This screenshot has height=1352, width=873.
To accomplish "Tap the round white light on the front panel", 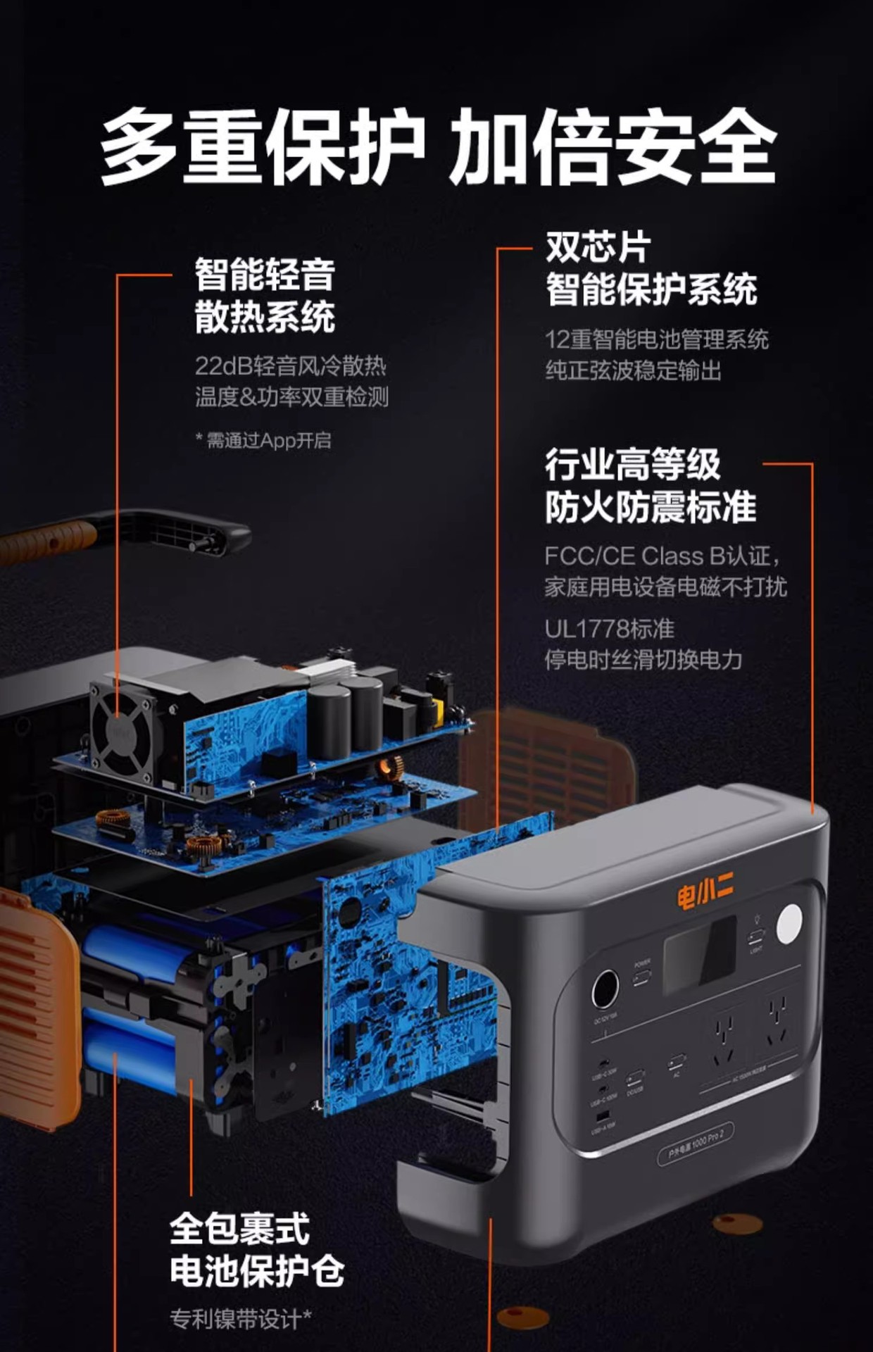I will pyautogui.click(x=789, y=923).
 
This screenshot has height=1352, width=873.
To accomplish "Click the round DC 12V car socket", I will pyautogui.click(x=605, y=989).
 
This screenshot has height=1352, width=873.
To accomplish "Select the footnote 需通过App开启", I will pyautogui.click(x=268, y=441).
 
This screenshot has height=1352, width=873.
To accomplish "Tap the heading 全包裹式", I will pyautogui.click(x=239, y=1229).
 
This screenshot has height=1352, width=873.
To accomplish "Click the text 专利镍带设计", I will pyautogui.click(x=239, y=1318).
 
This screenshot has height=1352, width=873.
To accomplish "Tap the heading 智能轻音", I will pyautogui.click(x=265, y=274).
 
